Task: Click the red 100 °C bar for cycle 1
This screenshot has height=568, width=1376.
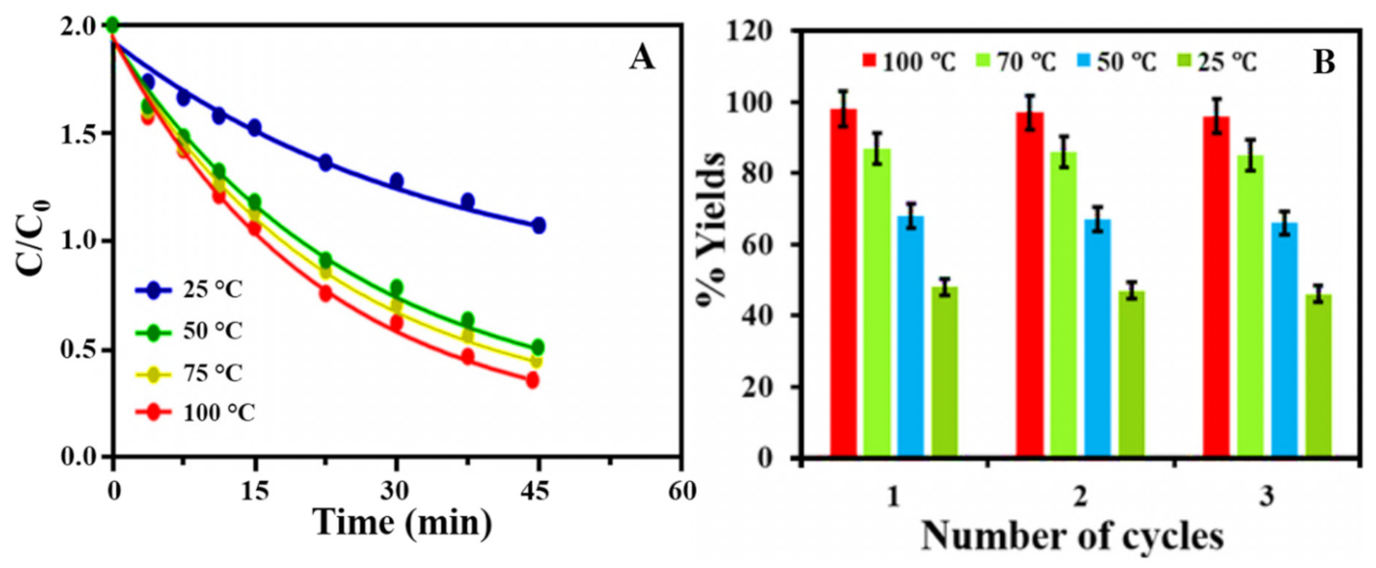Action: (843, 283)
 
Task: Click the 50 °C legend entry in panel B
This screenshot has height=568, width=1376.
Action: (1115, 62)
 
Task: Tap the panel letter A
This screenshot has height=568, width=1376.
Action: (642, 59)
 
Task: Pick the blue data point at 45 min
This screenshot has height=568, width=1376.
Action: (537, 225)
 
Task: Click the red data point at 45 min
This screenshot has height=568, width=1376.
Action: (532, 380)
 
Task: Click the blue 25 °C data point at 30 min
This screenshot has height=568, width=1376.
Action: (397, 181)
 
